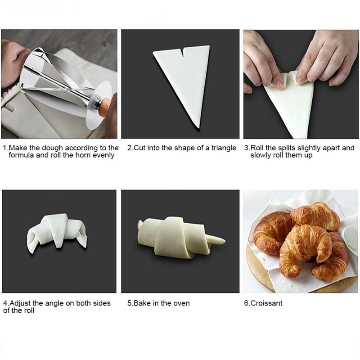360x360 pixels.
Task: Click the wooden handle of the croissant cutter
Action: click(x=106, y=106)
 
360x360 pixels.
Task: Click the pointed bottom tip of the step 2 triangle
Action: click(x=198, y=127)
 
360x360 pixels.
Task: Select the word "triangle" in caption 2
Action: click(x=224, y=148)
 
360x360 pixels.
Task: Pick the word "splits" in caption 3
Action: click(x=286, y=148)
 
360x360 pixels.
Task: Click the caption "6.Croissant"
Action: click(x=263, y=303)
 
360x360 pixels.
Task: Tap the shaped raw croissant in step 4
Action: click(x=58, y=233)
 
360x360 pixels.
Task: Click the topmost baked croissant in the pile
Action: click(x=316, y=216)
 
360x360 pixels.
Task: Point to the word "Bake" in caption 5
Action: click(x=142, y=303)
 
